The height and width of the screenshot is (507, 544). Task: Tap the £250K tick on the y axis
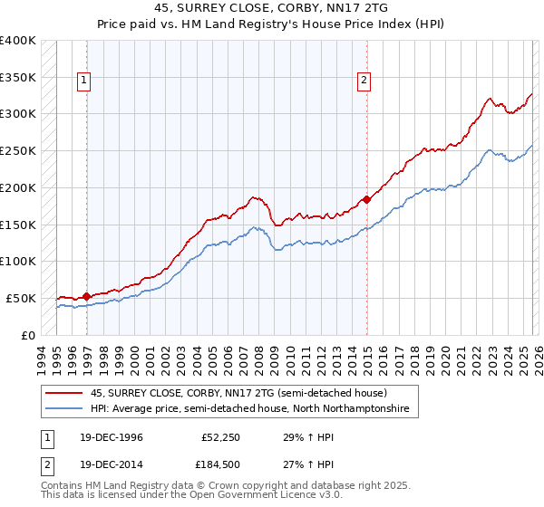(x=18, y=150)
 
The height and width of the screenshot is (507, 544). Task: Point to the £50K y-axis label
(x=21, y=298)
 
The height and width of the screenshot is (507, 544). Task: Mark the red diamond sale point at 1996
(x=87, y=295)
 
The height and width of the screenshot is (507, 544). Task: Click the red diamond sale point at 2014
(x=366, y=198)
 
